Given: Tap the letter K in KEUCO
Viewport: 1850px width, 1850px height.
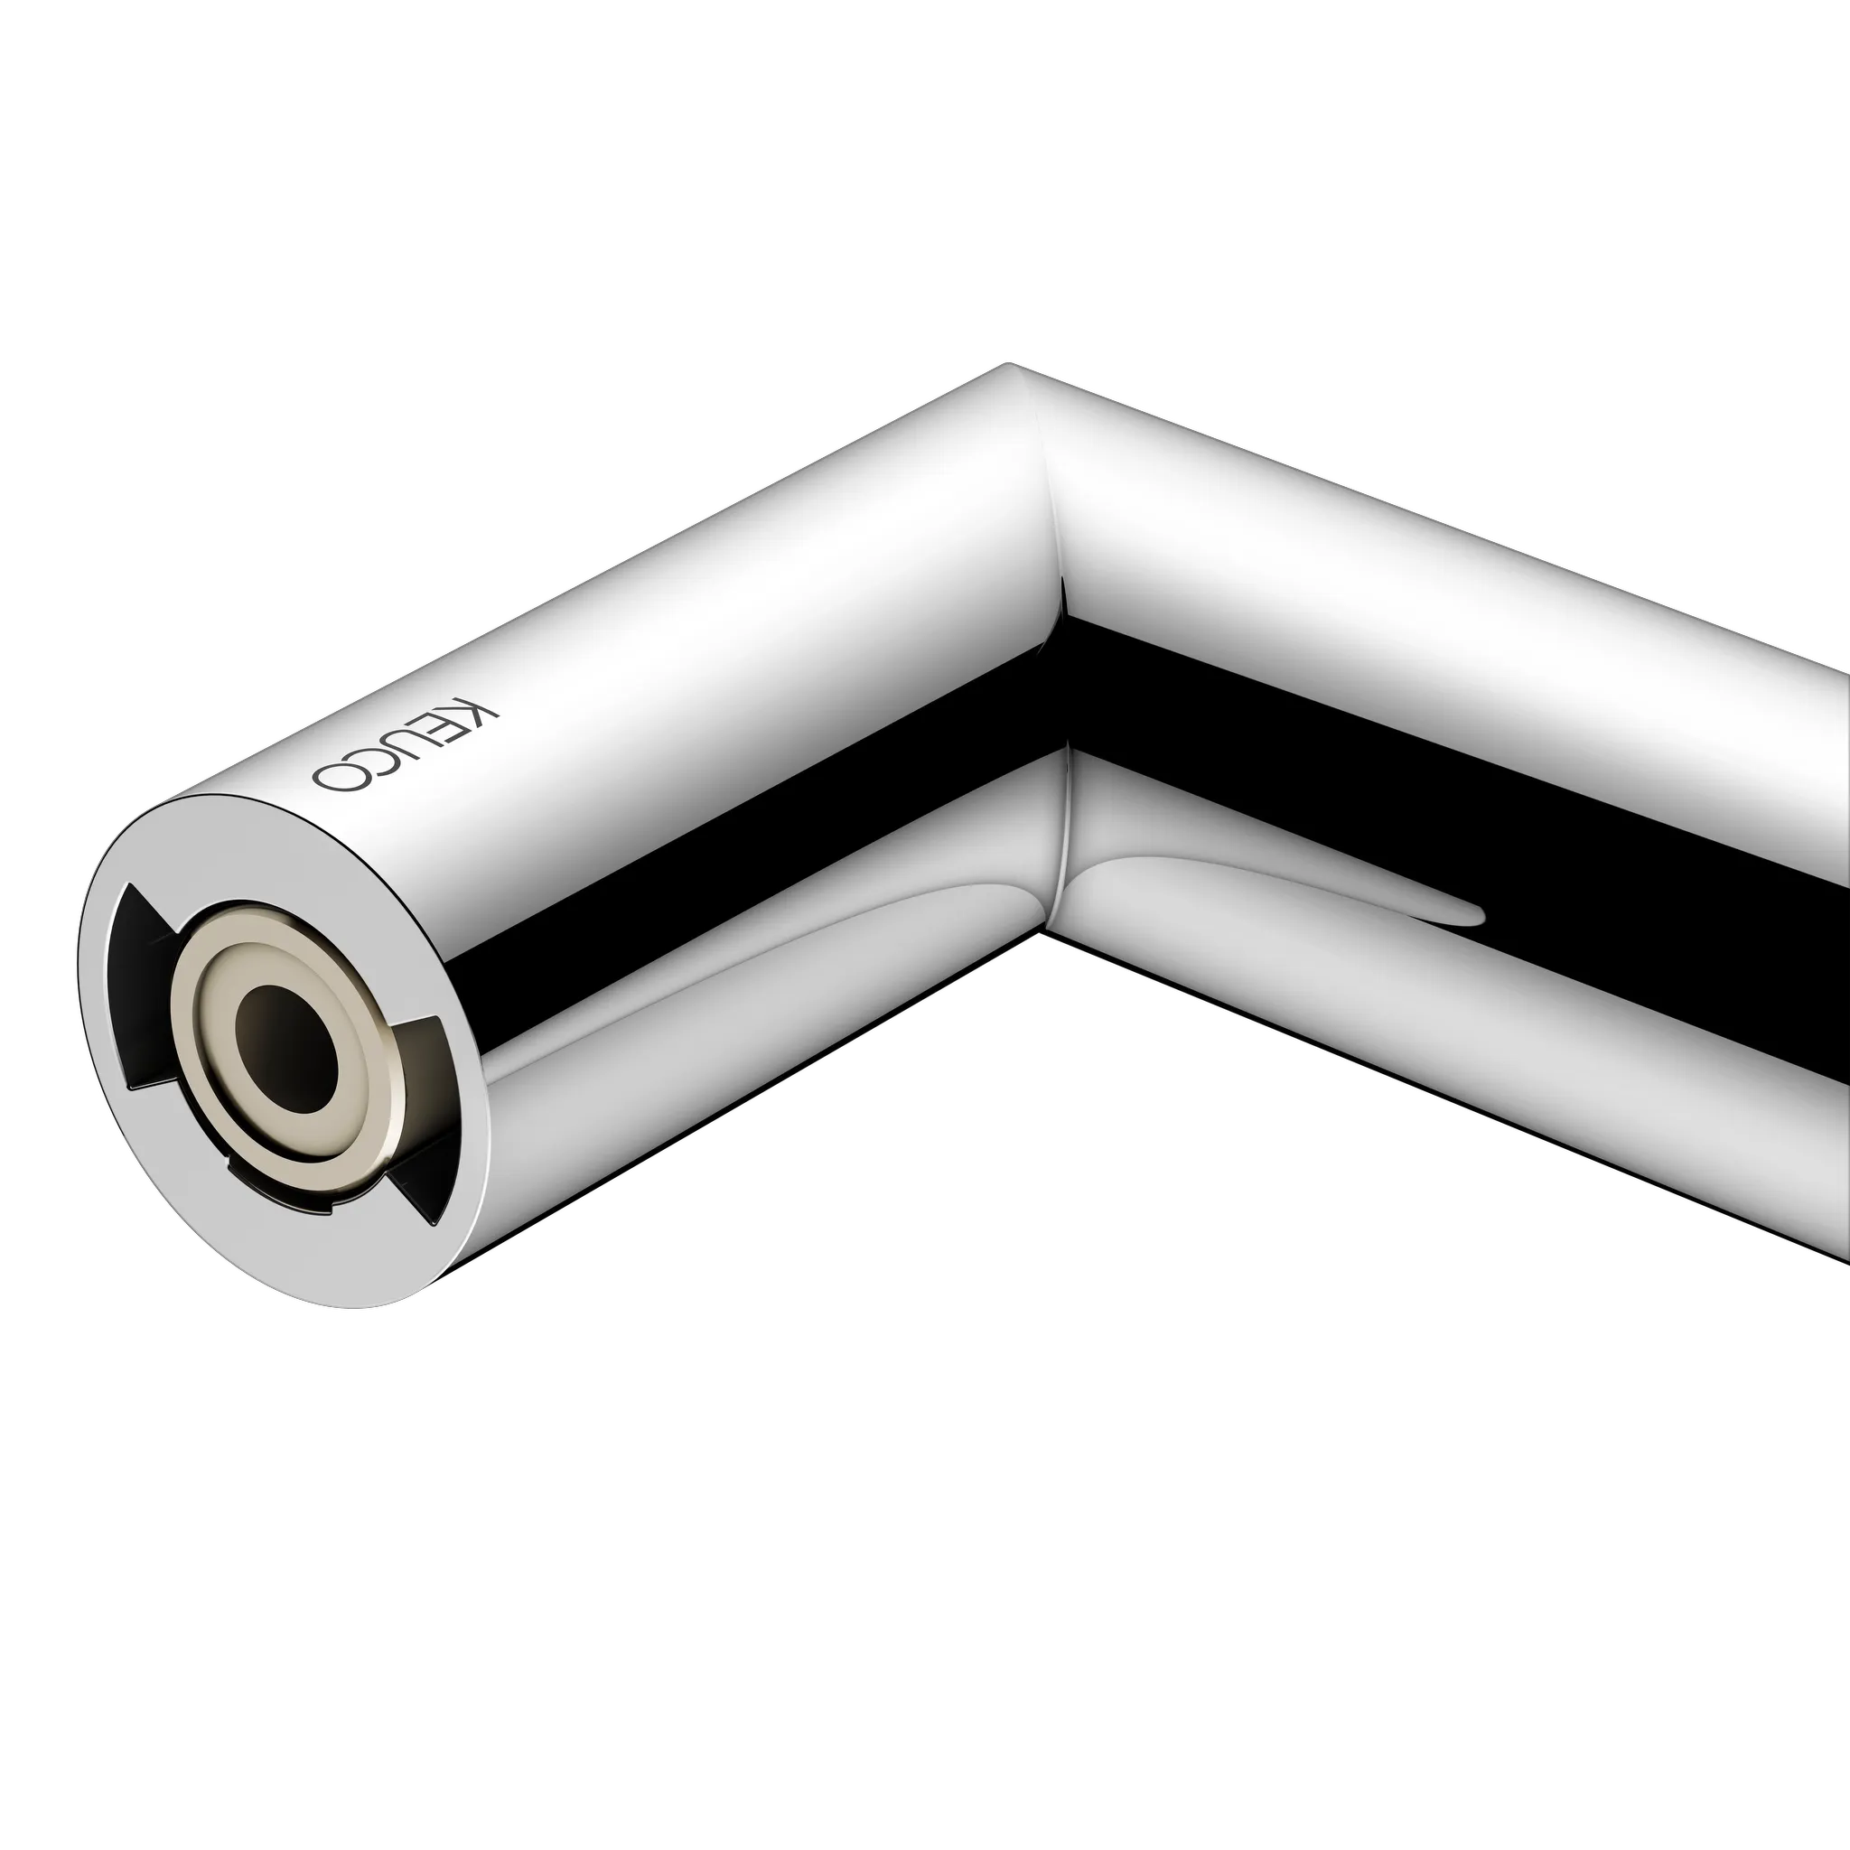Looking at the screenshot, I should click(x=479, y=715).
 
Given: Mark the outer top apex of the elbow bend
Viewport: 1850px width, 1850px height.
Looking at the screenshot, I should click(x=1010, y=365).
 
